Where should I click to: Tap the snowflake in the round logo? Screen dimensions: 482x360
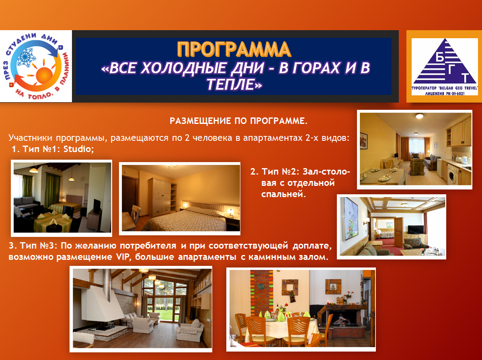27,58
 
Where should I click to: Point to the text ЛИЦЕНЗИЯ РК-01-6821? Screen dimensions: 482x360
445,93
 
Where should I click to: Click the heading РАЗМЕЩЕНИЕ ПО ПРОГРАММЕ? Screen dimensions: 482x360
238,121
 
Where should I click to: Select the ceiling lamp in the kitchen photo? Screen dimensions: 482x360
419,116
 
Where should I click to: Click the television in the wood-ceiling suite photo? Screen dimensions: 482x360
416,230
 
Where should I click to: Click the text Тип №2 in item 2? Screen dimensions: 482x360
280,171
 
